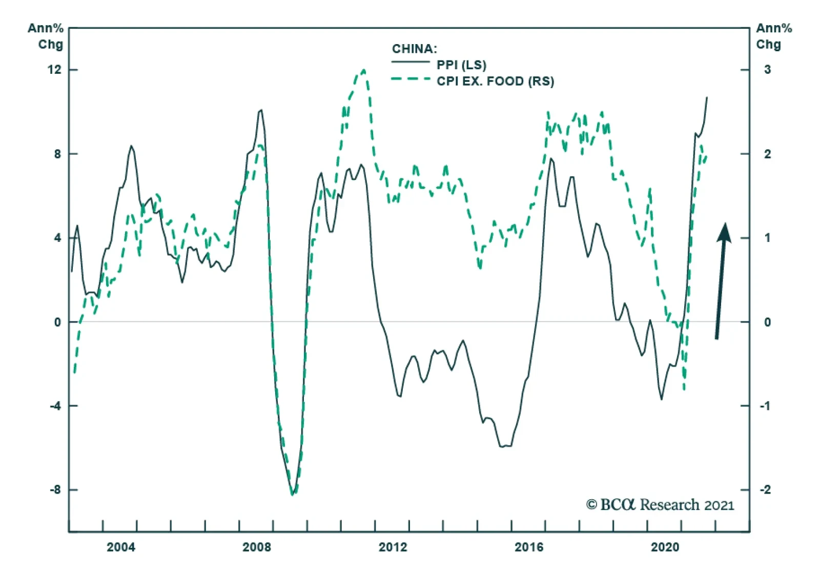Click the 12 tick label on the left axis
(x=54, y=70)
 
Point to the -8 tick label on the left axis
(x=55, y=490)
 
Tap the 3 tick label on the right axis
(x=767, y=70)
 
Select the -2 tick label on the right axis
(x=765, y=490)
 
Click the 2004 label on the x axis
(x=121, y=547)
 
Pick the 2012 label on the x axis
(x=393, y=547)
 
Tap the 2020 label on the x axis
(x=665, y=547)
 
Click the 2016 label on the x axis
(x=529, y=547)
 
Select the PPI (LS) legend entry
(x=461, y=65)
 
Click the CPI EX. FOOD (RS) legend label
(x=495, y=81)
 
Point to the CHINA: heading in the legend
(x=415, y=49)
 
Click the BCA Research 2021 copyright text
(x=660, y=505)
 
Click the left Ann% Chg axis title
(x=46, y=36)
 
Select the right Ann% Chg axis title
(x=774, y=36)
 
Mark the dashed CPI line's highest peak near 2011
(x=364, y=70)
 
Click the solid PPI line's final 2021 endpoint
(x=707, y=97)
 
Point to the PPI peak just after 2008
(x=261, y=110)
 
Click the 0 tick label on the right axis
(x=767, y=322)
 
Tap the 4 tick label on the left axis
(x=57, y=238)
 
